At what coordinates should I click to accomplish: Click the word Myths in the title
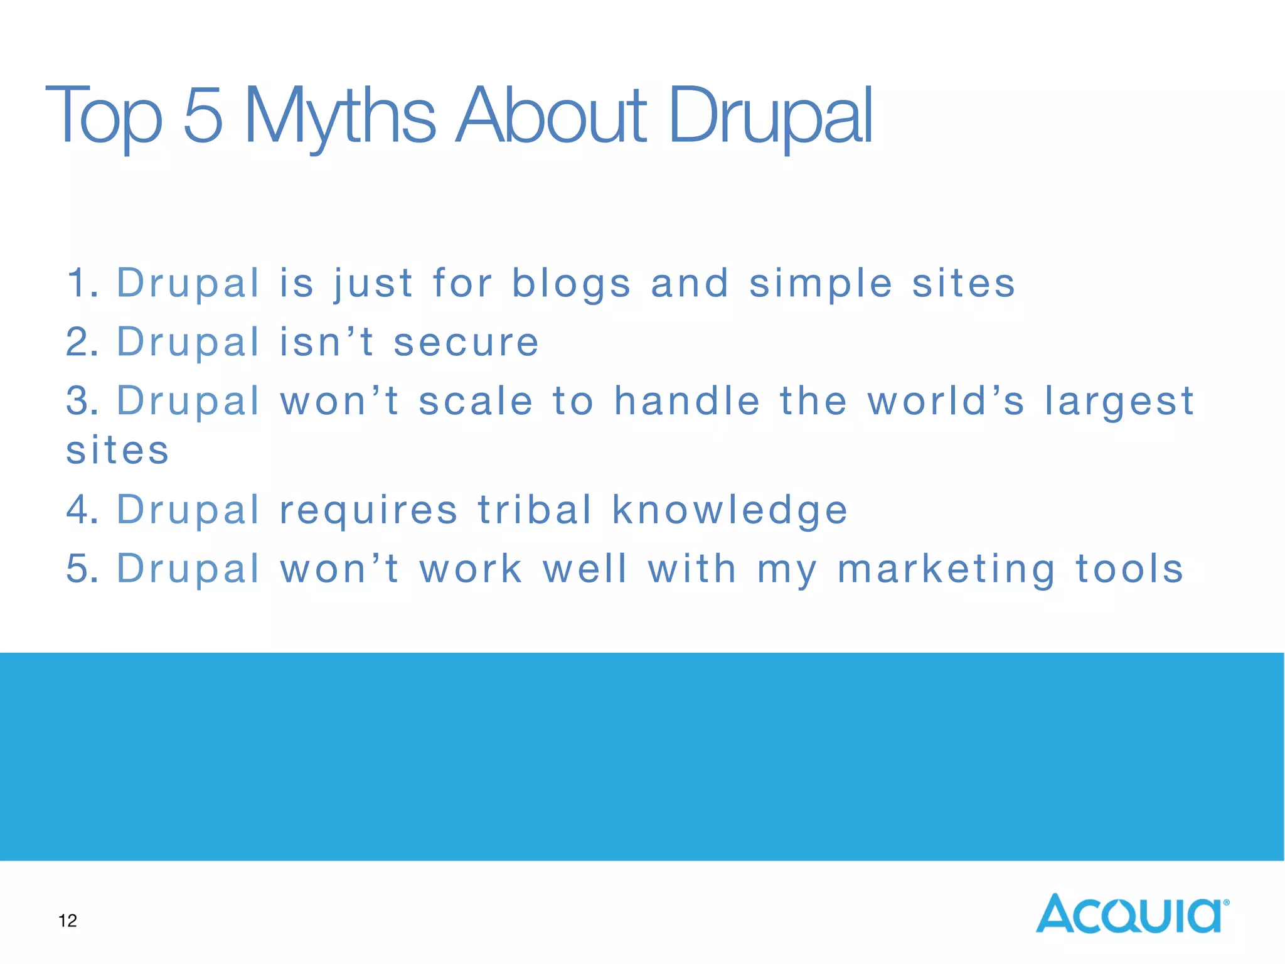click(339, 116)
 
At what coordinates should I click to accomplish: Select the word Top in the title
click(104, 116)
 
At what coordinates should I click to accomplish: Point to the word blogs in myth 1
click(571, 283)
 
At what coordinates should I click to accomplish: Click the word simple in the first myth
click(821, 283)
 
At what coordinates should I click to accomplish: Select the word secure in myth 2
click(466, 342)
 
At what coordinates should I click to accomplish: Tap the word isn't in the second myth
click(326, 342)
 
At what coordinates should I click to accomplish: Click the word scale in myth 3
click(476, 401)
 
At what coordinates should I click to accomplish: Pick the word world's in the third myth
click(946, 401)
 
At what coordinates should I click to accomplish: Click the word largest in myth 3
click(1119, 402)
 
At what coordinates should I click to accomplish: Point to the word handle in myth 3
click(687, 401)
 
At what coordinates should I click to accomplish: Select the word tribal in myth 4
click(535, 509)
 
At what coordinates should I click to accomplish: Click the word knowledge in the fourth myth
click(730, 510)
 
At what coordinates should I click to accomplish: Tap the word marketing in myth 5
click(947, 569)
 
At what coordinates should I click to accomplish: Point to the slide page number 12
click(68, 920)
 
